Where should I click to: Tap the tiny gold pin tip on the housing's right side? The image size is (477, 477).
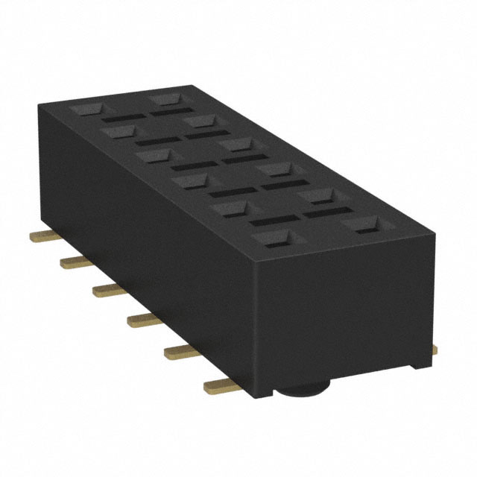coord(435,347)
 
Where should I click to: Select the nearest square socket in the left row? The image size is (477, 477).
coord(274,238)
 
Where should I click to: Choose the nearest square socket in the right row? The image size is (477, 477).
coord(365,224)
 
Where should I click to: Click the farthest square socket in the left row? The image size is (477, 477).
coord(88,109)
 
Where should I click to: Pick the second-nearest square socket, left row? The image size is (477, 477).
coord(231,208)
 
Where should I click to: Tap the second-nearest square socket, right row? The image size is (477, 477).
coord(318,195)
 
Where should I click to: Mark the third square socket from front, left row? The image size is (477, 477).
coord(192,181)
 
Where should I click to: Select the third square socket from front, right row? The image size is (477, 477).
coord(277,169)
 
